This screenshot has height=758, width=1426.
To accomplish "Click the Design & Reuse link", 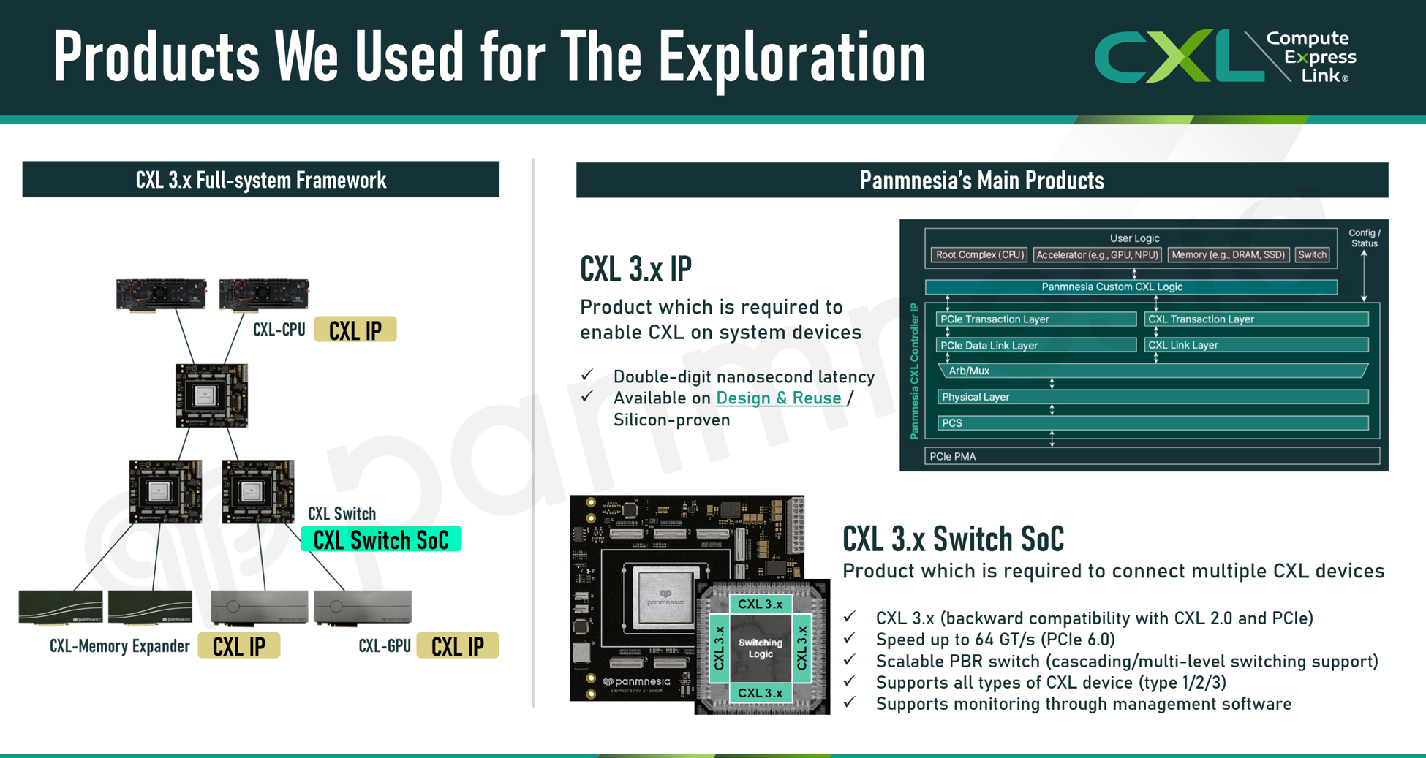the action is (779, 398).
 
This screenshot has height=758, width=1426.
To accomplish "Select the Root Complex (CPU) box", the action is (979, 255).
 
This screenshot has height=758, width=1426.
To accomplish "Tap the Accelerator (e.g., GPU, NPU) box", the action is (1097, 255).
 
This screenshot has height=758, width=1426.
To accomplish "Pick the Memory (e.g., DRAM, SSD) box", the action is (1228, 255).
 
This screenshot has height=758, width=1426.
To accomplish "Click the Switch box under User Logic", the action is (1312, 255).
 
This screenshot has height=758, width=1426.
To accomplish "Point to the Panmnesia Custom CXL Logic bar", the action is (1131, 287).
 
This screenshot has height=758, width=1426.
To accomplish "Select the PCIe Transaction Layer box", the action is (1036, 319).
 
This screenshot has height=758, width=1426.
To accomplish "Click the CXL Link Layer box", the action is (1256, 345).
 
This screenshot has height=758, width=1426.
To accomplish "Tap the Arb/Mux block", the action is (1153, 371).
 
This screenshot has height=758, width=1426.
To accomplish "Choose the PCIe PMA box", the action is (1152, 457).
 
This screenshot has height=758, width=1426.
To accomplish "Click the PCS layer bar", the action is (1153, 423).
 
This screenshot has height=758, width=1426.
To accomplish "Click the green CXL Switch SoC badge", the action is (381, 539).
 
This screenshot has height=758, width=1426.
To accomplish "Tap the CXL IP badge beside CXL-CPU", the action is (355, 330).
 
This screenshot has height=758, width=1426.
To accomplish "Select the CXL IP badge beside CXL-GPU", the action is (458, 646).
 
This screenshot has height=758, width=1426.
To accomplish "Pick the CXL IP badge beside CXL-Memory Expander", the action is (239, 646).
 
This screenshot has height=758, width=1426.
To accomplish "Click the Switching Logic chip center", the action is (761, 648).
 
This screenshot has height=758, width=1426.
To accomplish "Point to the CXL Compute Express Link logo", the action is (1226, 56).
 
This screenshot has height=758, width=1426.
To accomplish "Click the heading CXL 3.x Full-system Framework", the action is (261, 180).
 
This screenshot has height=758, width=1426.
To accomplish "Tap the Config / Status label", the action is (1365, 238).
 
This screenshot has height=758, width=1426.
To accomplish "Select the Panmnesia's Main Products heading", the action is (982, 180).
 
